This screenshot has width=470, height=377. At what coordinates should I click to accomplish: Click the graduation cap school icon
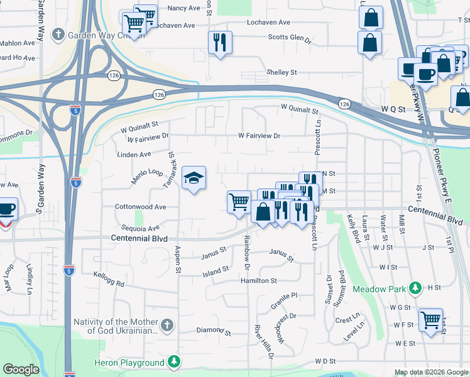click(194, 178)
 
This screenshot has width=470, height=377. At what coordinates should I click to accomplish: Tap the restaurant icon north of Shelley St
click(220, 43)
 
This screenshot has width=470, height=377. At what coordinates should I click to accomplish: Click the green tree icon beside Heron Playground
click(173, 362)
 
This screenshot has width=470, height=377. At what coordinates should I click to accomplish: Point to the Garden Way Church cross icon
click(58, 34)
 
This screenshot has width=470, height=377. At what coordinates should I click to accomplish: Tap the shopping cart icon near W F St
click(430, 320)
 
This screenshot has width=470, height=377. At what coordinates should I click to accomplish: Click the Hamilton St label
click(258, 281)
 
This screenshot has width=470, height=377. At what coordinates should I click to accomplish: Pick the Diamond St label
click(214, 330)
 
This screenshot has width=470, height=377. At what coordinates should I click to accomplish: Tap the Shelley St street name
click(281, 73)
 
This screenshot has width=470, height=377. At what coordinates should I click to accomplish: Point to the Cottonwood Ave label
click(140, 207)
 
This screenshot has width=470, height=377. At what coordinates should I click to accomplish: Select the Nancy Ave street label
click(183, 8)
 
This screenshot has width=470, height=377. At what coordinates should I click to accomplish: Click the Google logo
click(21, 369)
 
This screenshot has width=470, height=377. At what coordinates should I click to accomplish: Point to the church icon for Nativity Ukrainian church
click(166, 325)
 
